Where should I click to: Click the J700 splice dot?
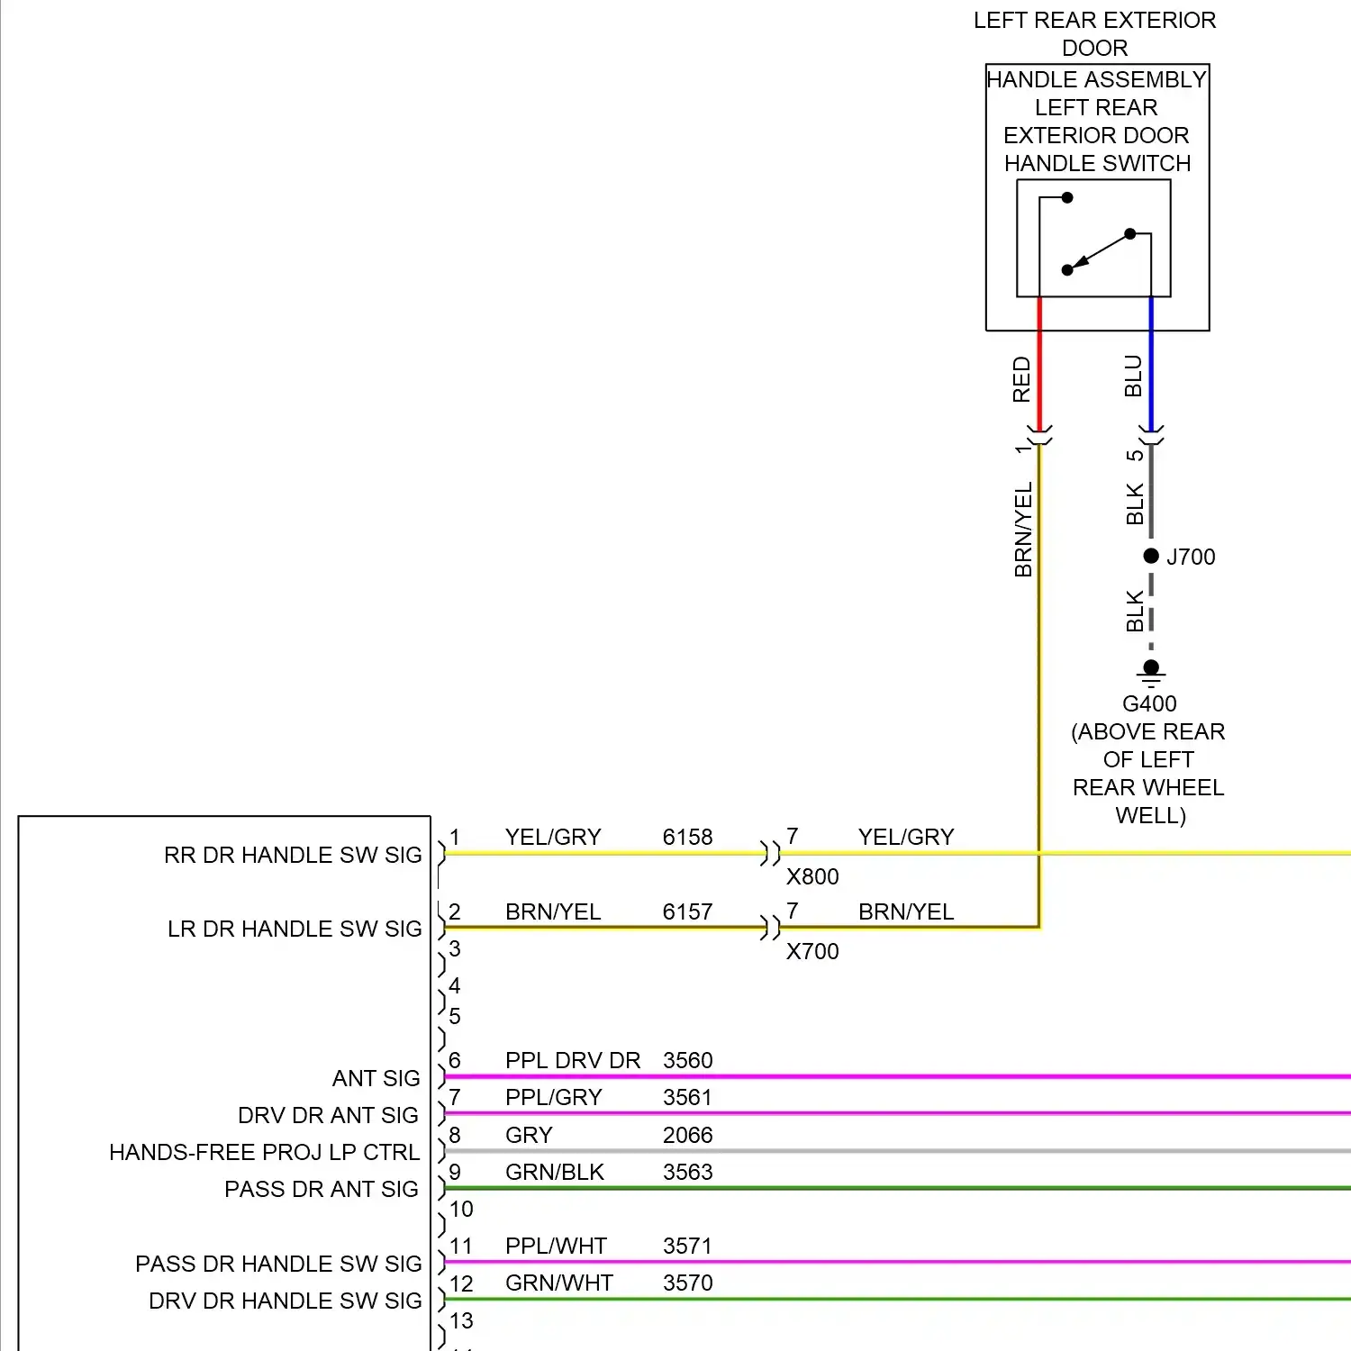pyautogui.click(x=1151, y=556)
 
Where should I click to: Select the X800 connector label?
pyautogui.click(x=812, y=876)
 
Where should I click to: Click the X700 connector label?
pyautogui.click(x=812, y=951)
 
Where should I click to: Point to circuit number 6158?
pyautogui.click(x=687, y=837)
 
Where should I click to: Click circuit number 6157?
pyautogui.click(x=687, y=911)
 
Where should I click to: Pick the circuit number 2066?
pyautogui.click(x=687, y=1135)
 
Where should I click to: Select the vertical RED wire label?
pyautogui.click(x=1021, y=379)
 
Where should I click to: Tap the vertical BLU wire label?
pyautogui.click(x=1133, y=376)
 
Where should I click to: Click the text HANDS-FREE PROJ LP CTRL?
pyautogui.click(x=264, y=1152)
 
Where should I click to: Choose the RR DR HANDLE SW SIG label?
pyautogui.click(x=293, y=855)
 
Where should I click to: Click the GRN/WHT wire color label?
pyautogui.click(x=558, y=1283)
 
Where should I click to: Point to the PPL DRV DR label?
pyautogui.click(x=573, y=1060)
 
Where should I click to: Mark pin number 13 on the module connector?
pyautogui.click(x=461, y=1320)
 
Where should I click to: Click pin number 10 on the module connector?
pyautogui.click(x=461, y=1209)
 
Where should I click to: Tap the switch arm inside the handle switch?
pyautogui.click(x=1099, y=251)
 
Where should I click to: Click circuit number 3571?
pyautogui.click(x=687, y=1246)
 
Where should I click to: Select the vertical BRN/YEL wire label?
pyautogui.click(x=1023, y=530)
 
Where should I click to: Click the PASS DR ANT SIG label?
pyautogui.click(x=321, y=1189)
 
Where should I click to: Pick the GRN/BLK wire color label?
pyautogui.click(x=554, y=1172)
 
